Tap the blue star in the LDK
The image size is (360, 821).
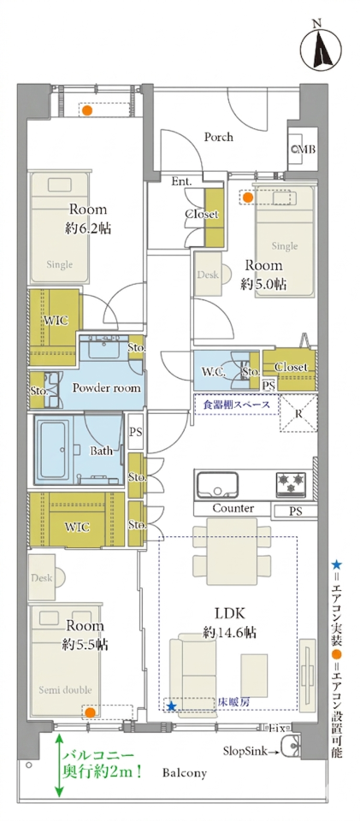click(171, 706)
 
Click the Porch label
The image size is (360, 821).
click(219, 137)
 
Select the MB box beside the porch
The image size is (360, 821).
click(304, 149)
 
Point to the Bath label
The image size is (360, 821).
click(101, 451)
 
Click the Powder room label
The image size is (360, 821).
click(106, 388)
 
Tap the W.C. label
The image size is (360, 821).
click(213, 372)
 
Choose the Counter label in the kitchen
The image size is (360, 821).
click(233, 508)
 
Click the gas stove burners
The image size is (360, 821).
click(291, 482)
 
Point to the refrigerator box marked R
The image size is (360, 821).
click(298, 414)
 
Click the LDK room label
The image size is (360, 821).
click(229, 612)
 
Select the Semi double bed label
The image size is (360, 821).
click(64, 689)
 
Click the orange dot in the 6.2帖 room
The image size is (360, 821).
click(88, 110)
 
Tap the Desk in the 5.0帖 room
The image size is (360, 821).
click(209, 274)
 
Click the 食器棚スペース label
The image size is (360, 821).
click(234, 405)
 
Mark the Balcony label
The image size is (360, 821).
click(184, 773)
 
